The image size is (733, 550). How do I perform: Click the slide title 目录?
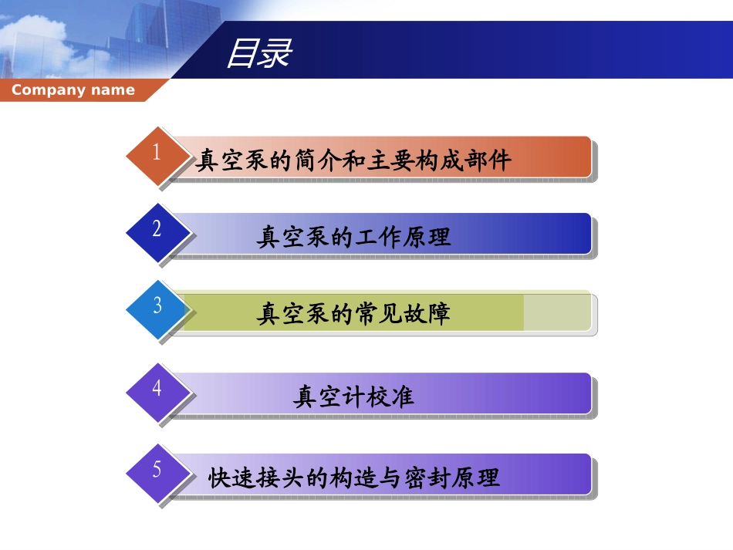coord(258,53)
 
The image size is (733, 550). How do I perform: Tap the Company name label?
coord(73,90)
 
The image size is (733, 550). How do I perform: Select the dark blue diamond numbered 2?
coord(157,229)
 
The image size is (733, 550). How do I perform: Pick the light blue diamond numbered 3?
coord(157,306)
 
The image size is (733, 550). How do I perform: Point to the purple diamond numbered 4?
coord(157,389)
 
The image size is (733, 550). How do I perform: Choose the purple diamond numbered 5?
coord(157,470)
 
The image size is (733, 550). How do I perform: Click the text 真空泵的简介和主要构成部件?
coord(353,160)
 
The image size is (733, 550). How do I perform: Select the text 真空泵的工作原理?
coord(353,237)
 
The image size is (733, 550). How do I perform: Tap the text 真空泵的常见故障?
coord(353,314)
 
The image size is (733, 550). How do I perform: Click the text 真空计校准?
coord(353,396)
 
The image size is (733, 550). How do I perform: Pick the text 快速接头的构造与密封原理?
coord(354,477)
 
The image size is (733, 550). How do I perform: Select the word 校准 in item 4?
coord(394,396)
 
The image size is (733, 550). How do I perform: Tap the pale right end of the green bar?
coord(557,312)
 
